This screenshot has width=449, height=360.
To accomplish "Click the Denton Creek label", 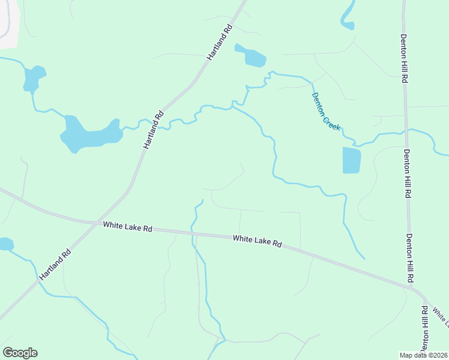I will [x=326, y=112].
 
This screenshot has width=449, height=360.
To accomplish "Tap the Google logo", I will [x=20, y=353].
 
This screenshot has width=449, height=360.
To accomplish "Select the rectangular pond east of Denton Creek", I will [x=352, y=160].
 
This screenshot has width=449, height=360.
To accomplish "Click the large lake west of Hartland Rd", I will [x=87, y=134].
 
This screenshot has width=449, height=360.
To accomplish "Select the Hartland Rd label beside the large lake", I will [x=154, y=130].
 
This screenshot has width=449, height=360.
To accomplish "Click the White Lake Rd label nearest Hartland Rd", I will [x=127, y=227].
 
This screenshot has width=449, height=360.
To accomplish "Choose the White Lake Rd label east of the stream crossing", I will [x=257, y=241].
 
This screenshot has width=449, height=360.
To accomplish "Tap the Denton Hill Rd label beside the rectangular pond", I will [x=407, y=173].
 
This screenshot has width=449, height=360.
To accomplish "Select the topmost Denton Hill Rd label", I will [x=405, y=58].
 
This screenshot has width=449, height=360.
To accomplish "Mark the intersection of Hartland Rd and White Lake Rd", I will [x=96, y=224].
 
